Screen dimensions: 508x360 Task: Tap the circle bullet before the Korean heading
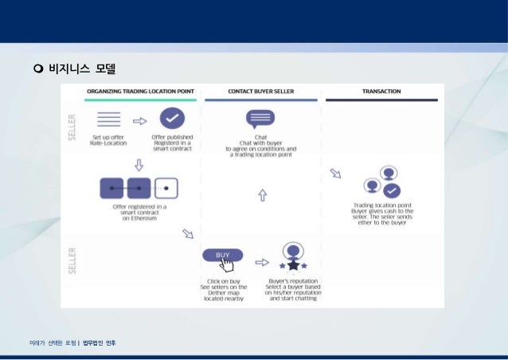(37, 68)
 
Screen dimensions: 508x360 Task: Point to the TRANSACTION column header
(381, 92)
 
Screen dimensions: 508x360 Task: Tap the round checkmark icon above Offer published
(172, 120)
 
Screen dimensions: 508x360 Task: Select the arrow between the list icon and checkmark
(140, 121)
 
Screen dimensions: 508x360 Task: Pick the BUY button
(223, 255)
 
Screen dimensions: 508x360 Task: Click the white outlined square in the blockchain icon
(166, 188)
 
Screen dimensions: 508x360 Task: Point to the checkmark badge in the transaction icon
(391, 190)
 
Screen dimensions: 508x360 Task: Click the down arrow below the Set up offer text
(139, 164)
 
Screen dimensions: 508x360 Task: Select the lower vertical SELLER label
(72, 259)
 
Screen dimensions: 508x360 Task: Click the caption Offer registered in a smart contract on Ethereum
(139, 213)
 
